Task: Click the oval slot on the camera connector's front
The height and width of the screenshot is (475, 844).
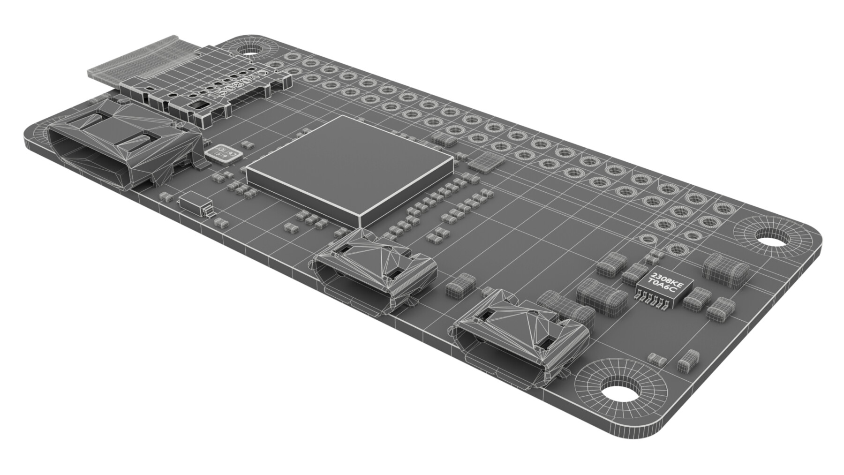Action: click(x=200, y=106)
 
